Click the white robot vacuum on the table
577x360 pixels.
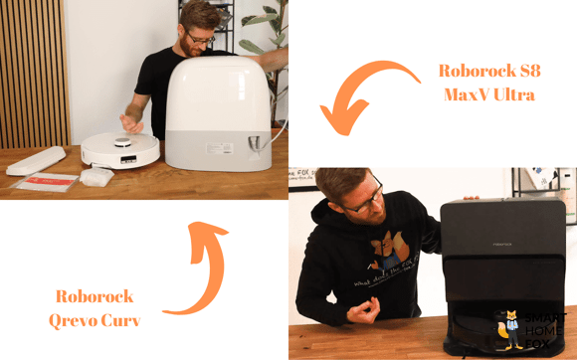coord(120,149)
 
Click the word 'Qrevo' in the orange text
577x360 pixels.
coord(74,320)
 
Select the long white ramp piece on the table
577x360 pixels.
coord(36,159)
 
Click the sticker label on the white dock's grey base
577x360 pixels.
coord(218,148)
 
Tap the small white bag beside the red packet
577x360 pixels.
coord(96,176)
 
